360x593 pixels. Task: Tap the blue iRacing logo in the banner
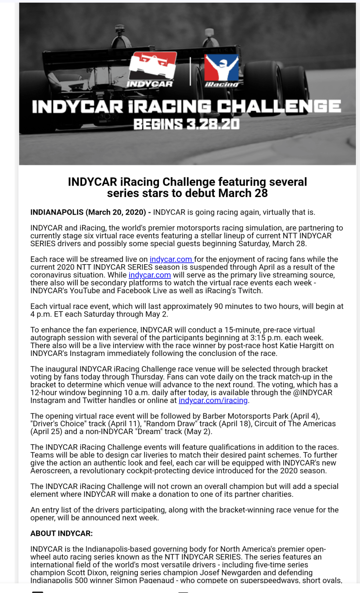222,70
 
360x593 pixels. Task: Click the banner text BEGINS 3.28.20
187,124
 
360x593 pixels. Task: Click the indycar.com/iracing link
213,400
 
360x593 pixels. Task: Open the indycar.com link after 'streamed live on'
171,259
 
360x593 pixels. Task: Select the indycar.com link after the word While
150,275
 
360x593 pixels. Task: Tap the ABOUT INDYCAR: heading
61,534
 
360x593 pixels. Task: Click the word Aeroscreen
55,471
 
